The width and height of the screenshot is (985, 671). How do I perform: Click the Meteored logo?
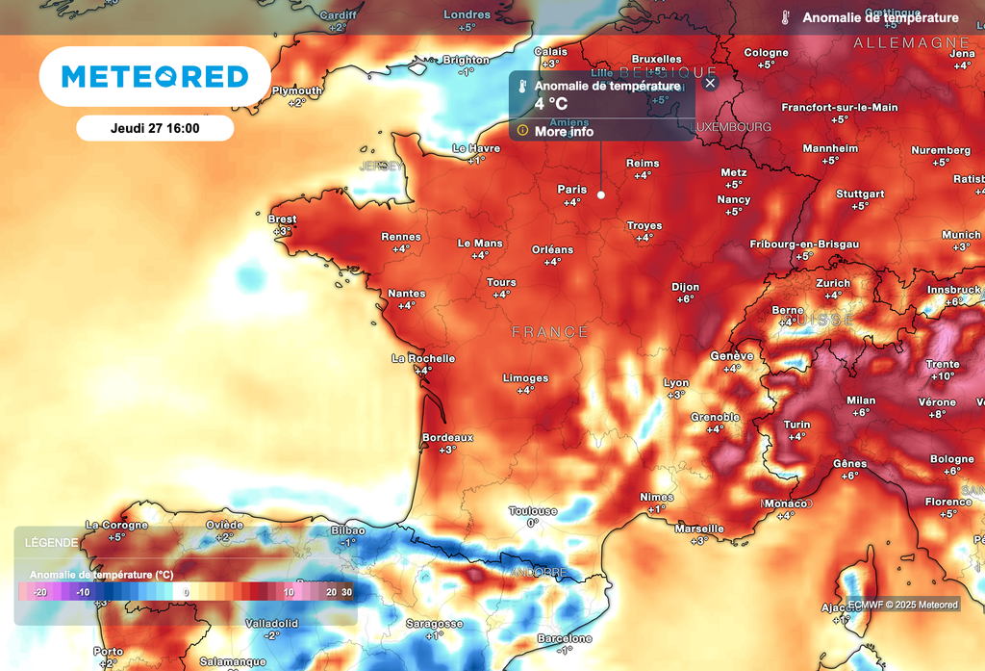click(x=155, y=76)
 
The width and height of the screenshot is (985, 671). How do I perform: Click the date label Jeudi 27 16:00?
click(x=155, y=128)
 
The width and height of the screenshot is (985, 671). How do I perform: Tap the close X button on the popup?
click(x=710, y=84)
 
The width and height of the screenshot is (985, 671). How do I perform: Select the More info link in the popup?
click(x=564, y=132)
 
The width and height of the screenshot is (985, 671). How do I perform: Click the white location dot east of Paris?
click(x=601, y=194)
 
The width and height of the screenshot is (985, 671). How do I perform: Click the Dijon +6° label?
click(x=685, y=293)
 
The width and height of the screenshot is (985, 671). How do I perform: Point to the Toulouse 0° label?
click(x=532, y=517)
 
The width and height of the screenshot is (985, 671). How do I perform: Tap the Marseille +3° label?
click(x=699, y=534)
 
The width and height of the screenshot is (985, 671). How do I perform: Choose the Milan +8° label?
click(x=860, y=405)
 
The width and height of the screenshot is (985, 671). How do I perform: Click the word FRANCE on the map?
click(x=549, y=332)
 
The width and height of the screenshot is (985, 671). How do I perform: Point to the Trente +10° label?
click(x=943, y=370)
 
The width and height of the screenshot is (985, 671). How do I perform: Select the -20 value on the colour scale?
click(x=39, y=592)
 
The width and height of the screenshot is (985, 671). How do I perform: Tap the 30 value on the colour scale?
click(x=346, y=592)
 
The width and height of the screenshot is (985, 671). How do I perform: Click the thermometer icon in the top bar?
click(x=785, y=17)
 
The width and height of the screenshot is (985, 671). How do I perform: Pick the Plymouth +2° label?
click(x=296, y=96)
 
